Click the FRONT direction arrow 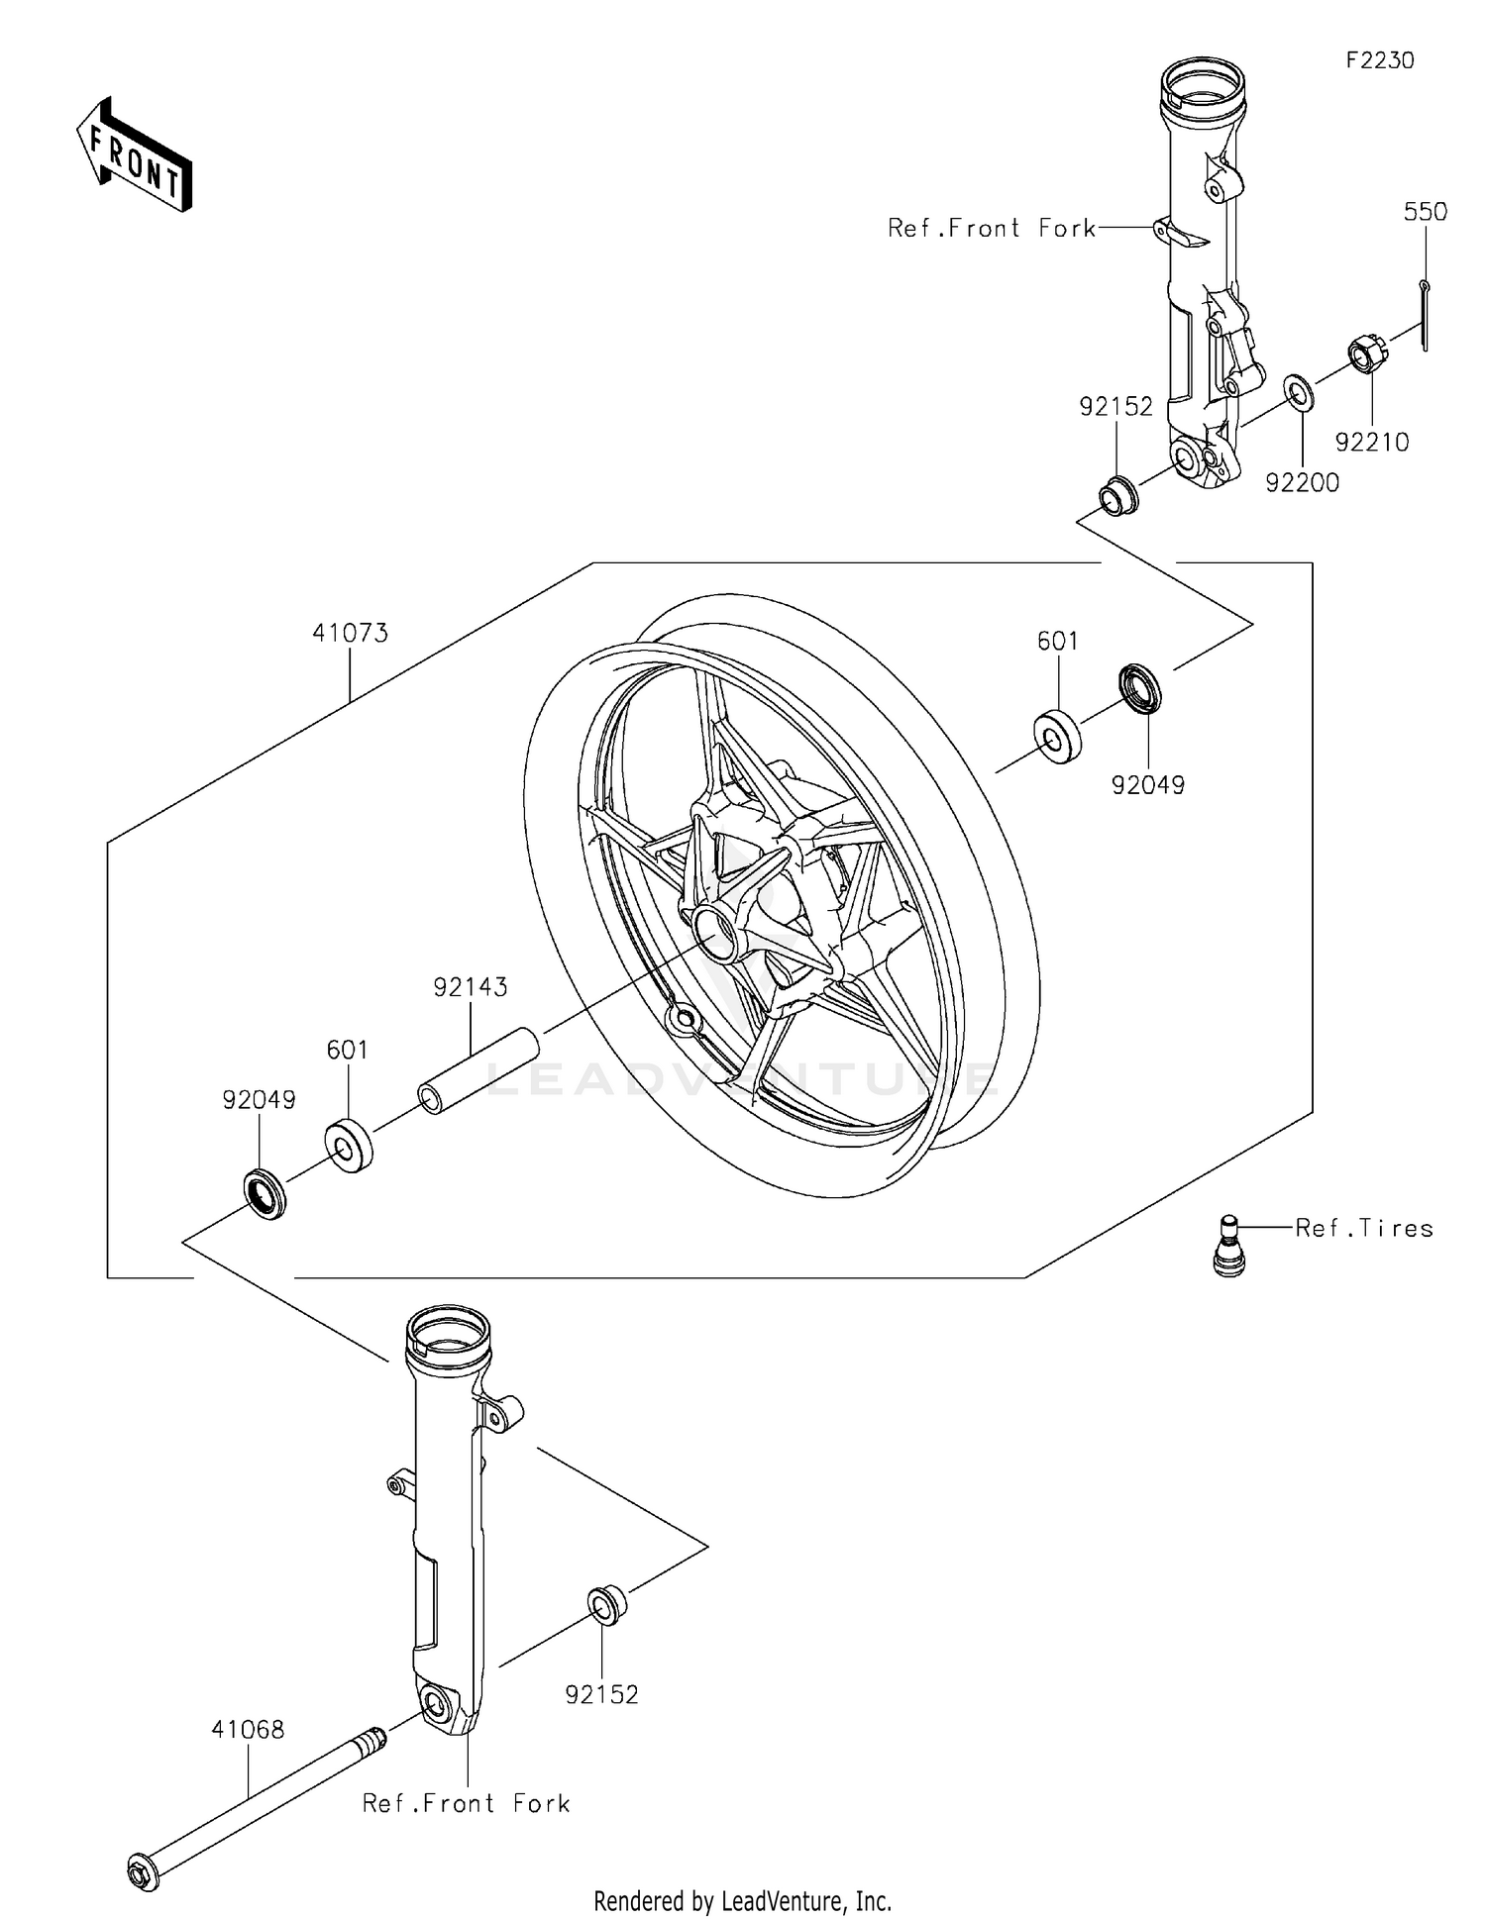coord(135,154)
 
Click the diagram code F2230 coord(1379,60)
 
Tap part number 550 coord(1425,212)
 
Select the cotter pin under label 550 coord(1425,315)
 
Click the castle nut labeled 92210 coord(1366,354)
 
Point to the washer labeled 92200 coord(1299,392)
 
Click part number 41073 coord(350,633)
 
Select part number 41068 coord(248,1729)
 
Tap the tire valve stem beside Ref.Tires coord(1228,1244)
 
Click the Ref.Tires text coord(1364,1228)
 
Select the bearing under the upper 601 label coord(1057,737)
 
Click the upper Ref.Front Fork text coord(992,229)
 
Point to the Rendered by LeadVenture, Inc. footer coord(742,1900)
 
